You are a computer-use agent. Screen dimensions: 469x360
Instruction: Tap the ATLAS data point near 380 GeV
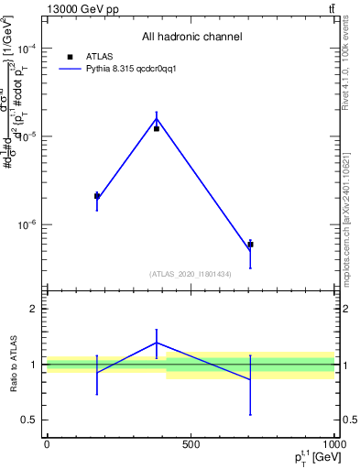tap(157, 129)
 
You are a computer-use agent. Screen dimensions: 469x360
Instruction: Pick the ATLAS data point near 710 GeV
tap(250, 245)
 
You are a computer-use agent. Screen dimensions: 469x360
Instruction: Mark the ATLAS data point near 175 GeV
tap(97, 195)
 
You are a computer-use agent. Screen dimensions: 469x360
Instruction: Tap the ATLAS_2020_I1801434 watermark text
tap(191, 274)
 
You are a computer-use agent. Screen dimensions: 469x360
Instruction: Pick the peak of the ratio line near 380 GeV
tap(157, 343)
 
